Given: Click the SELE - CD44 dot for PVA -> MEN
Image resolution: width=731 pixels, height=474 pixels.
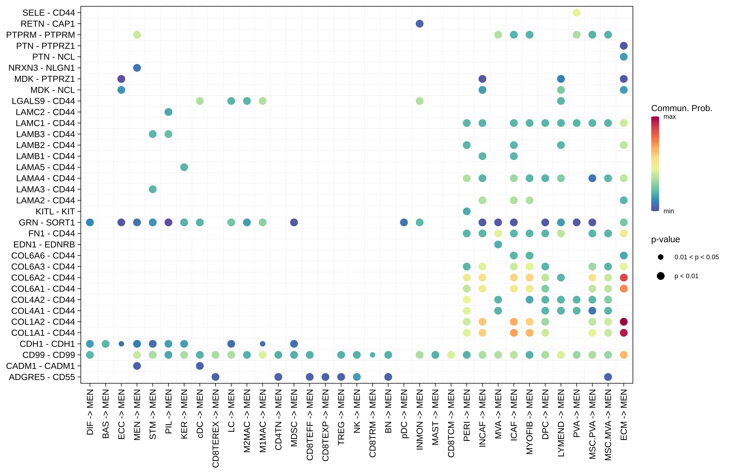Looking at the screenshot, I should pos(577,13).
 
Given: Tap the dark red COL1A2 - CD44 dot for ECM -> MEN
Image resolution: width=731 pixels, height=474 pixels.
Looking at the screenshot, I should pos(624,322).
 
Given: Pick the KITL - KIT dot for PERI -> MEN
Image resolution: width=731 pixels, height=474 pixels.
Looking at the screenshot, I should pos(467,211).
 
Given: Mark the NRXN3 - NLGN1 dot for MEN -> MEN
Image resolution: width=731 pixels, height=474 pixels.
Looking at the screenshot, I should pos(137,68).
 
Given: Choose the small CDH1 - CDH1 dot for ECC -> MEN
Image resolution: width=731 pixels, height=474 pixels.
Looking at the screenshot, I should pos(121,344).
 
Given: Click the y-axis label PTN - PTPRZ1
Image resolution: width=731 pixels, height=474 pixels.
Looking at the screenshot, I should pos(46,46).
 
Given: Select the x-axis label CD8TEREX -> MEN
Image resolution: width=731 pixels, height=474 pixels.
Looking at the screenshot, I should pos(216,428).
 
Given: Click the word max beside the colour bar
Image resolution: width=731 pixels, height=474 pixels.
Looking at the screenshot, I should pos(670,117).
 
